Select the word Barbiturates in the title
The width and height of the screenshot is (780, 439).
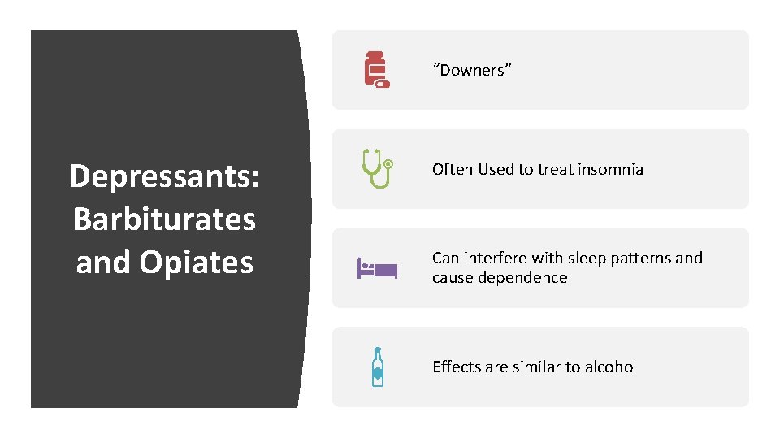(164, 219)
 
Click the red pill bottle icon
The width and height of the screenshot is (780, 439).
(376, 70)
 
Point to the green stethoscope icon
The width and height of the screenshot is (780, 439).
(377, 168)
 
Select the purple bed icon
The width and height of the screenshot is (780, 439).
(377, 267)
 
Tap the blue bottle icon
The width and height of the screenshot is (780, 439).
(377, 367)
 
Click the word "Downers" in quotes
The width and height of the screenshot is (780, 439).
(472, 70)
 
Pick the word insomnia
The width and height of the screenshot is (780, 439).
(610, 169)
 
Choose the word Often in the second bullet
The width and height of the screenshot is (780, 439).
(453, 169)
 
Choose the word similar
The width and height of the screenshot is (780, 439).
(536, 367)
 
